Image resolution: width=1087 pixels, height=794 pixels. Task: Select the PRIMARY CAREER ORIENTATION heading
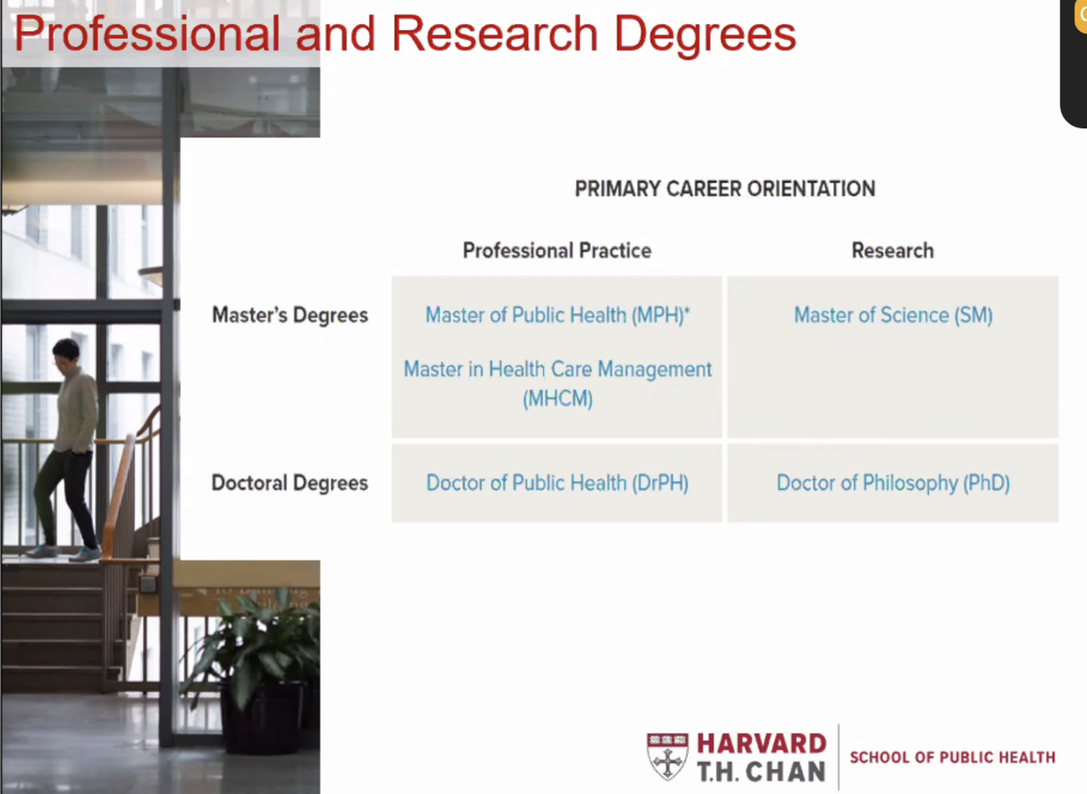pyautogui.click(x=725, y=189)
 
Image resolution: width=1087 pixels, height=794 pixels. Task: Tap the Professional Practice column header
pyautogui.click(x=557, y=251)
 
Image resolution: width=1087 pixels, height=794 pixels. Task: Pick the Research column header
pyautogui.click(x=893, y=251)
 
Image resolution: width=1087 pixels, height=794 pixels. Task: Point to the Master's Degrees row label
pyautogui.click(x=290, y=315)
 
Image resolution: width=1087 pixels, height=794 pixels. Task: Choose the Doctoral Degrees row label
pyautogui.click(x=290, y=483)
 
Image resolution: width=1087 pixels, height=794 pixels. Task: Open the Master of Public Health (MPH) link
pyautogui.click(x=555, y=315)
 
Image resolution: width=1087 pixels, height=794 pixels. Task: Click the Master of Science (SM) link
pyautogui.click(x=893, y=315)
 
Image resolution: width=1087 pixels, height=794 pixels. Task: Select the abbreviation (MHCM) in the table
pyautogui.click(x=558, y=399)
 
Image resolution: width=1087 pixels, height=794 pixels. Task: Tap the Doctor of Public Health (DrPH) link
pyautogui.click(x=557, y=483)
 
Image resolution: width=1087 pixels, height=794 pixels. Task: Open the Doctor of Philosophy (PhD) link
pyautogui.click(x=893, y=483)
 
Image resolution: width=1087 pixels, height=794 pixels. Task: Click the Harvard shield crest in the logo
pyautogui.click(x=667, y=756)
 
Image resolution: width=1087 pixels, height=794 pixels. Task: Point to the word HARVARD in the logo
pyautogui.click(x=762, y=743)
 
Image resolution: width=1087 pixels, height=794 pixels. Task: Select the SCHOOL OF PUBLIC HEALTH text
pyautogui.click(x=952, y=757)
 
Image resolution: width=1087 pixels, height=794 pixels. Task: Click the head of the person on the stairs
pyautogui.click(x=65, y=353)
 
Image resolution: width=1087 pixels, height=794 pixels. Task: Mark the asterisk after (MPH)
pyautogui.click(x=687, y=308)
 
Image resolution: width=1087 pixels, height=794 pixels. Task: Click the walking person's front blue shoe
pyautogui.click(x=86, y=554)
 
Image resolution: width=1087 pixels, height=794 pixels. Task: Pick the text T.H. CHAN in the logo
pyautogui.click(x=762, y=771)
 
